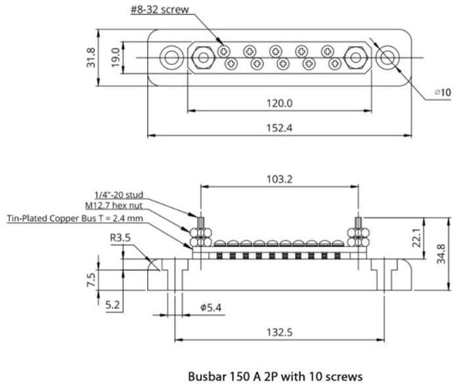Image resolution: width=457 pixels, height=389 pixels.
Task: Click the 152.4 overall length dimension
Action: pyautogui.click(x=279, y=128)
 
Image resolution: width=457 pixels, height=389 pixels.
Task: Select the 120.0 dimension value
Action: pyautogui.click(x=279, y=103)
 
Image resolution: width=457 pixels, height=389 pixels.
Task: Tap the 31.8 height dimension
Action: pyautogui.click(x=91, y=57)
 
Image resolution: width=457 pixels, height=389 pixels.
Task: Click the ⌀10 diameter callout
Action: pyautogui.click(x=442, y=93)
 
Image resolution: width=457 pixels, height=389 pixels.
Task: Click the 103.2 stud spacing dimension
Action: pyautogui.click(x=280, y=178)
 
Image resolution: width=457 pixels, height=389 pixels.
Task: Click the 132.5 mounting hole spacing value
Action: pyautogui.click(x=280, y=332)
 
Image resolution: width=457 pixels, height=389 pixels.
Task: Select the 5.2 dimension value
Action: pyautogui.click(x=113, y=304)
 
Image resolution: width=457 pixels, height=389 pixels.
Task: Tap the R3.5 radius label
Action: pyautogui.click(x=120, y=237)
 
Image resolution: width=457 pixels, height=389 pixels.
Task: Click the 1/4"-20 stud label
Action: pyautogui.click(x=118, y=195)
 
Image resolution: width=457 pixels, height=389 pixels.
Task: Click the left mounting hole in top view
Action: pyautogui.click(x=171, y=57)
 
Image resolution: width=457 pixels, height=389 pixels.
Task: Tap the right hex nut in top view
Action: pyautogui.click(x=356, y=57)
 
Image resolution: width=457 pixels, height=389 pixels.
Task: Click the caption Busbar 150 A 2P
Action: pyautogui.click(x=274, y=377)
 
